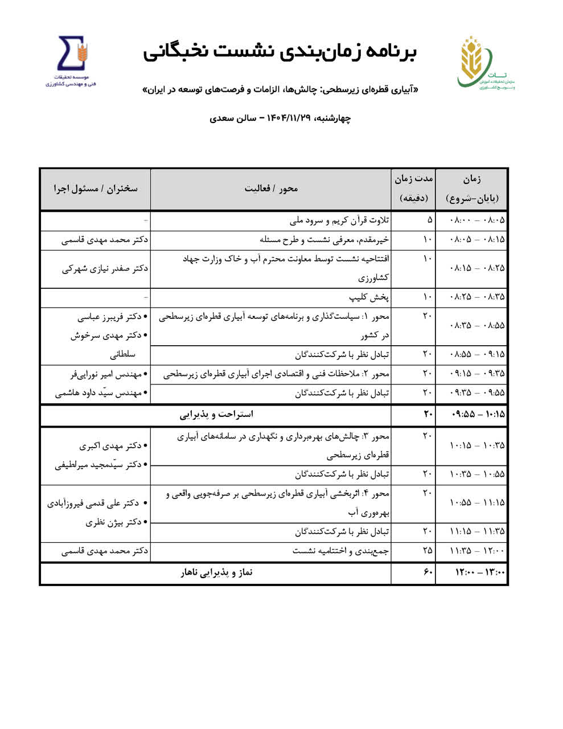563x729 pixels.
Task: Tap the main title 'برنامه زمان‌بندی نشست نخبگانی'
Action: click(x=280, y=51)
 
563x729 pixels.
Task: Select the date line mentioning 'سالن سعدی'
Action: click(x=280, y=118)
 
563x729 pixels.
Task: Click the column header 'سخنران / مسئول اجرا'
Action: click(x=96, y=189)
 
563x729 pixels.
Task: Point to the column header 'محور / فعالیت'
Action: click(x=271, y=189)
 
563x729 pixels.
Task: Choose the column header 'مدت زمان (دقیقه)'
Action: click(x=414, y=189)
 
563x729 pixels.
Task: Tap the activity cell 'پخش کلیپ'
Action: click(x=369, y=297)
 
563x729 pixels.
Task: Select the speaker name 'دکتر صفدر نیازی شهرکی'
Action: click(x=105, y=268)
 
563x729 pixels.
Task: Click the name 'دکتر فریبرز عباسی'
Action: click(x=112, y=317)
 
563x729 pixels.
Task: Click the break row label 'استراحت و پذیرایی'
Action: click(x=216, y=414)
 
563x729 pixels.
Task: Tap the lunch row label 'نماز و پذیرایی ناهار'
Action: click(x=216, y=572)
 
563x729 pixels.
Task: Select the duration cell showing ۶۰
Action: click(x=428, y=572)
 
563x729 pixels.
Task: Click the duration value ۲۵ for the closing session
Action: click(x=428, y=551)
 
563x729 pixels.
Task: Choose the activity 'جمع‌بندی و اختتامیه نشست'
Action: click(x=340, y=551)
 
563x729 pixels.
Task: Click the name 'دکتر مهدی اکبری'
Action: click(x=114, y=445)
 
